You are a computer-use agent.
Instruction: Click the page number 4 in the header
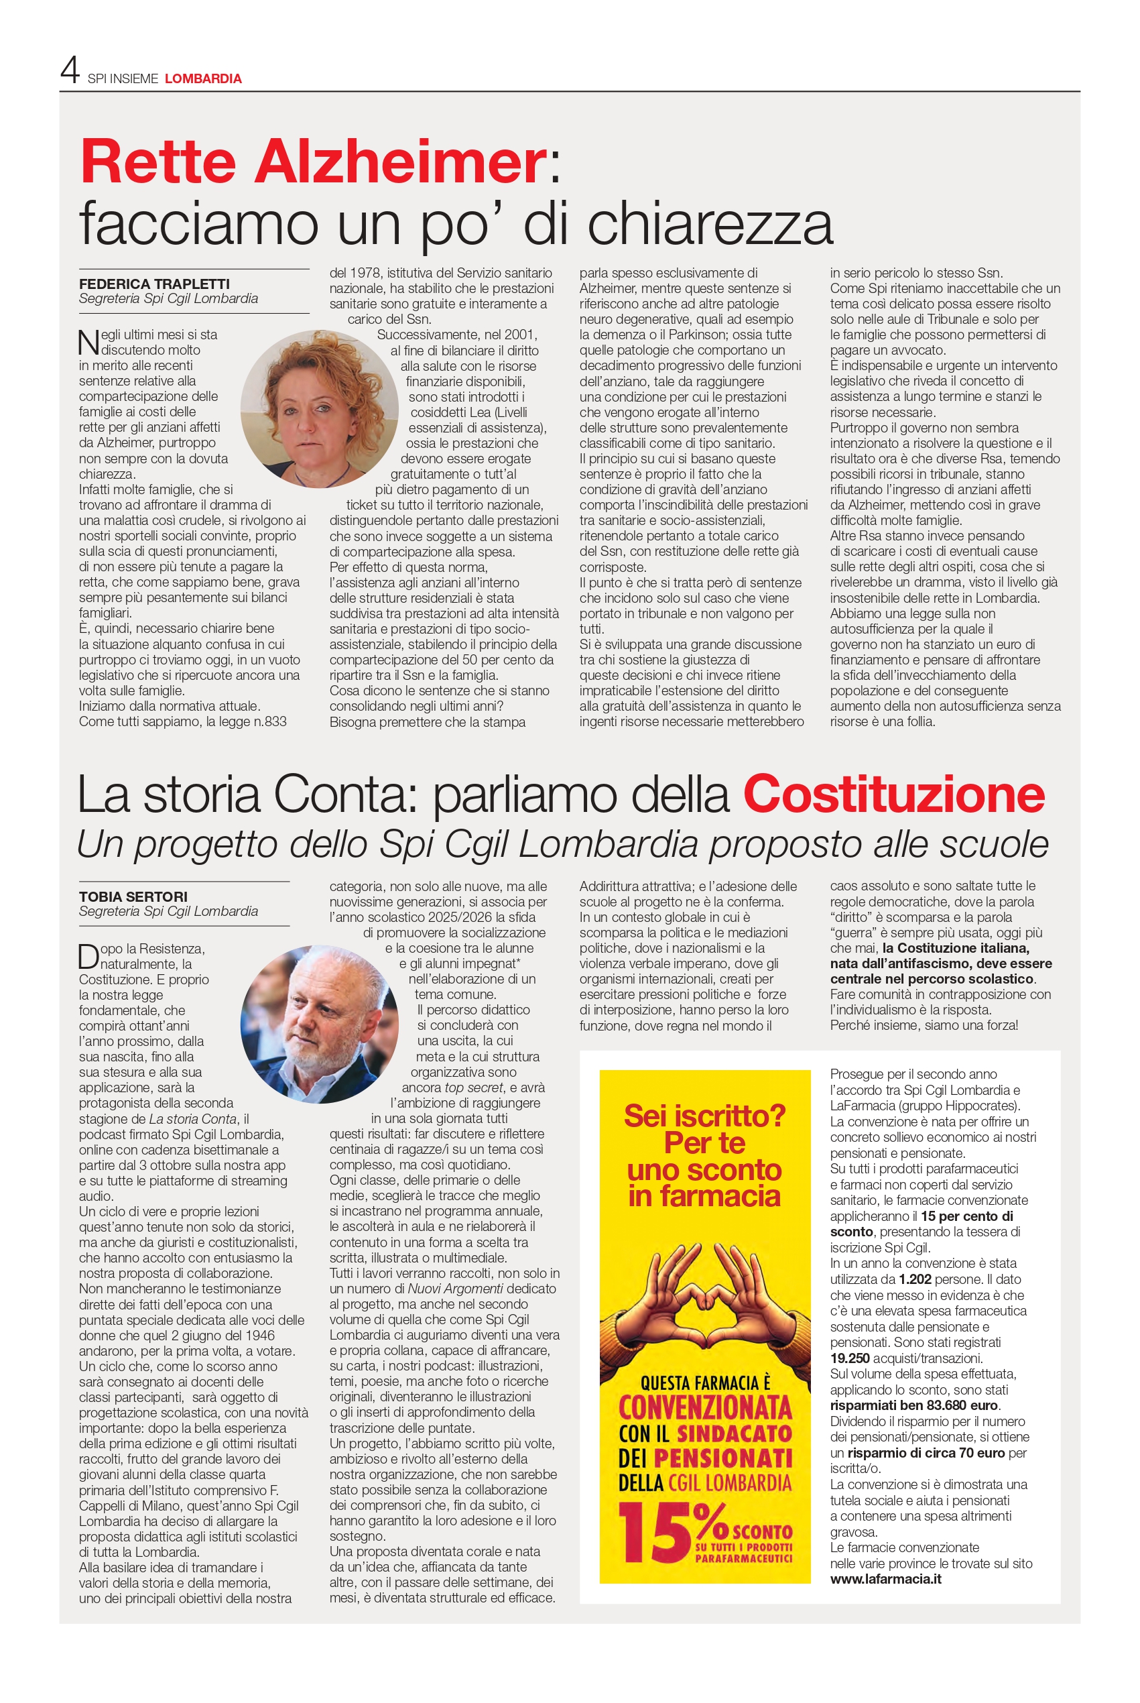(x=70, y=70)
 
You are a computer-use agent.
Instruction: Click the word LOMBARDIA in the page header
(x=203, y=78)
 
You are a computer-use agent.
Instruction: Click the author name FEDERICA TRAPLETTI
(x=154, y=284)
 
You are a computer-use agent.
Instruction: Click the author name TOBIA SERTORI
(x=133, y=896)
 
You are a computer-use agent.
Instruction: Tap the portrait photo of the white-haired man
(x=319, y=1024)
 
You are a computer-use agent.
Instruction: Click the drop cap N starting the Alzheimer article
(x=88, y=342)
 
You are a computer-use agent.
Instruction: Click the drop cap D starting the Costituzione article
(x=88, y=956)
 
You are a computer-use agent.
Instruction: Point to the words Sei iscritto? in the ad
(x=704, y=1116)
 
